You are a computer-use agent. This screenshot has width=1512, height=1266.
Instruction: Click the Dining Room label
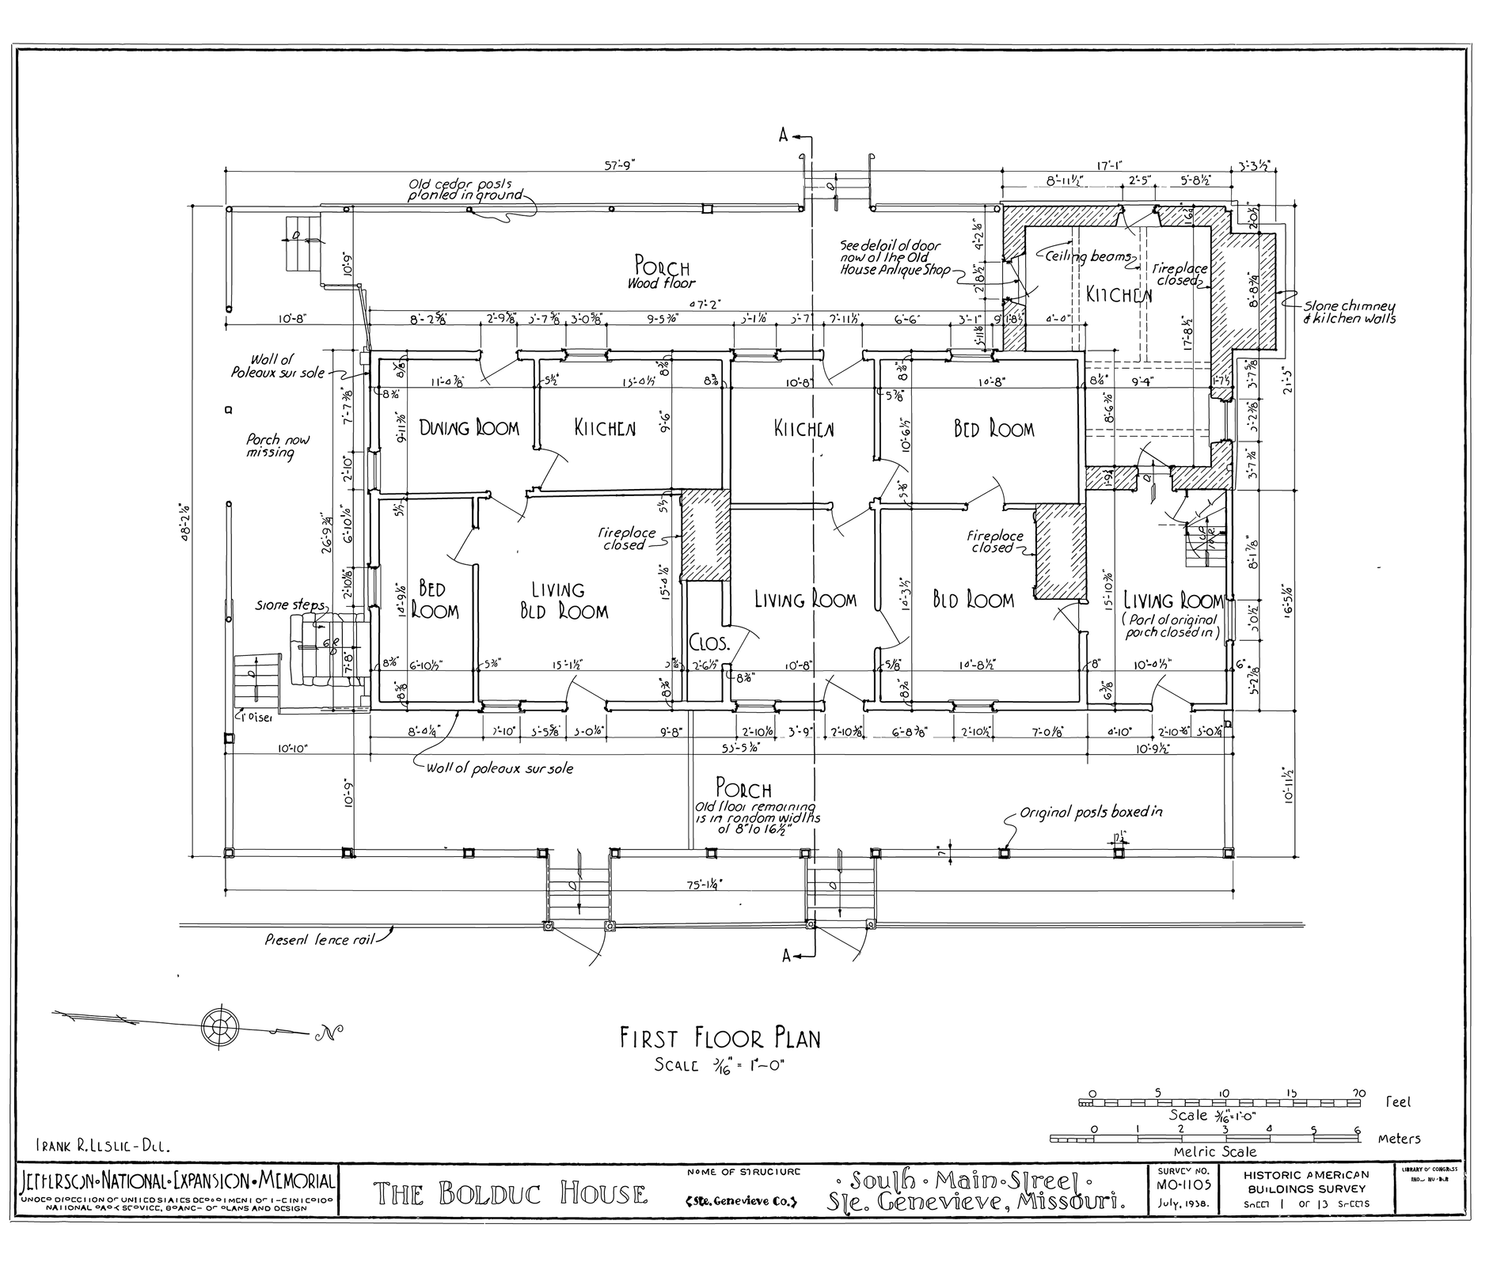[469, 428]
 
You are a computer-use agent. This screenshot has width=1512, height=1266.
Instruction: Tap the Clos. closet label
[709, 642]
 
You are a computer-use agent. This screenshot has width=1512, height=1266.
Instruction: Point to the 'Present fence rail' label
[318, 941]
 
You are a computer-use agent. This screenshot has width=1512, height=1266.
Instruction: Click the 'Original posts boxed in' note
[1090, 812]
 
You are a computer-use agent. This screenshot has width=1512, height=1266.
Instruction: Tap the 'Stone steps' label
[290, 605]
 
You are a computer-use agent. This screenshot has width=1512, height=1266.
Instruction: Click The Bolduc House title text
[510, 1192]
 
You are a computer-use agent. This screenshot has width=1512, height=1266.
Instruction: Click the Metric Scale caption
[1214, 1152]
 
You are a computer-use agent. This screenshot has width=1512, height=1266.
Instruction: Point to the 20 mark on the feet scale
[1358, 1093]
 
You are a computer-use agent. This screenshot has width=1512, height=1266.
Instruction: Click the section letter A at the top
[784, 136]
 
